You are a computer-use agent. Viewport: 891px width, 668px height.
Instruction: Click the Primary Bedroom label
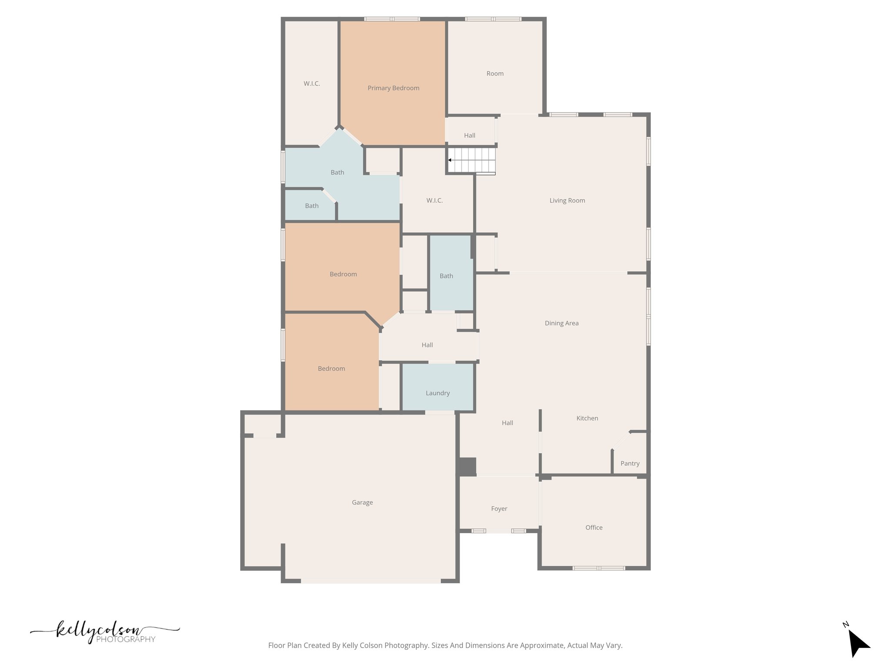coord(393,88)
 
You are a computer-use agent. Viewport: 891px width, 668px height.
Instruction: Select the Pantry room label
coord(630,463)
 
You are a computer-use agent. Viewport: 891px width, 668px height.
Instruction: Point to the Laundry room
coord(437,393)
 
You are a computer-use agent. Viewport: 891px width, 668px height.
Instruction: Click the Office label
coord(594,527)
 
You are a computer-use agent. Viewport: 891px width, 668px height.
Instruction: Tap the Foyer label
coord(499,508)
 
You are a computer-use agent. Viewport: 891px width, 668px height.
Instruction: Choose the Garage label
coord(362,502)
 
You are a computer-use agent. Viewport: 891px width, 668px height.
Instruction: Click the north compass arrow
coord(858,645)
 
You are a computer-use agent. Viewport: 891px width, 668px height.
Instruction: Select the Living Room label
coord(567,200)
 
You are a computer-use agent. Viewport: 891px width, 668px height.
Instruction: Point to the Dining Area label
coord(561,323)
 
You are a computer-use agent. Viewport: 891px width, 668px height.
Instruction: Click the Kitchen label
coord(587,418)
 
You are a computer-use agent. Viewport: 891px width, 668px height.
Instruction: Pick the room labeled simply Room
coord(495,73)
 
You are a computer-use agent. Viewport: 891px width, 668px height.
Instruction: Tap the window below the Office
coord(599,568)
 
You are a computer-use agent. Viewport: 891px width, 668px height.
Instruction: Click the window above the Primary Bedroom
coord(392,19)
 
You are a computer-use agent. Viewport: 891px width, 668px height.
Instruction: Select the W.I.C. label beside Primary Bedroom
coord(312,83)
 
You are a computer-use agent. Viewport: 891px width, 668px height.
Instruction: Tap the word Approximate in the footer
coord(542,645)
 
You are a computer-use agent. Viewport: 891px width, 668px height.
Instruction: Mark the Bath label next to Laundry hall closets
coord(446,276)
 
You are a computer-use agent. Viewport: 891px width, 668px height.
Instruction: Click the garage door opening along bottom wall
coord(371,581)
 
